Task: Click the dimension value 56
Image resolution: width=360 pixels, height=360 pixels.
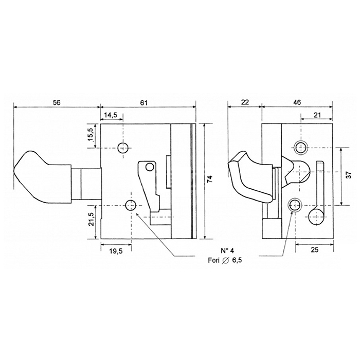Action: tap(57, 102)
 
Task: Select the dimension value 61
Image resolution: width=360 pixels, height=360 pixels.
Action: tap(143, 103)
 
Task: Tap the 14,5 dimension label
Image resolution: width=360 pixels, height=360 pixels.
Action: tap(111, 115)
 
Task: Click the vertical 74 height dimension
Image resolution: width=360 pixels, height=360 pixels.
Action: tap(210, 179)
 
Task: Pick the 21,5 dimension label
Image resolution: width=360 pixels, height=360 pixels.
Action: tap(91, 219)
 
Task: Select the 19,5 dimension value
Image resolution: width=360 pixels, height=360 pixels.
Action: tap(116, 251)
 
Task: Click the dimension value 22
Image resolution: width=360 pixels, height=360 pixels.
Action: tap(245, 102)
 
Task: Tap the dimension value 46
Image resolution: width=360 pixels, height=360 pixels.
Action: tap(297, 102)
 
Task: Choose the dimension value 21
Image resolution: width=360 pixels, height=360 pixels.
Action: tap(317, 115)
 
